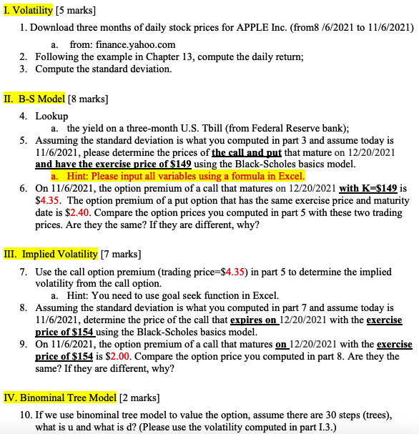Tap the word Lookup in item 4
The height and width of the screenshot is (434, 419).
point(52,116)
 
